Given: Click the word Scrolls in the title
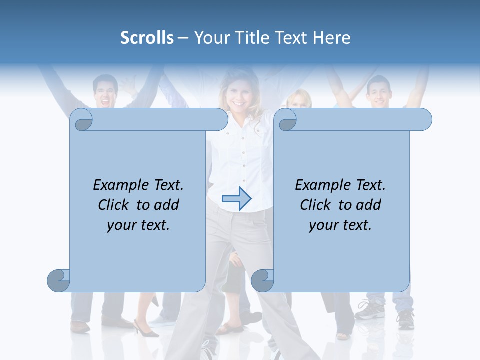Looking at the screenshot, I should point(147,38).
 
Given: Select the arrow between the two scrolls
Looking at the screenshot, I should point(236,199).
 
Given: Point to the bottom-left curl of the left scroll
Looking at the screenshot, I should point(59,280).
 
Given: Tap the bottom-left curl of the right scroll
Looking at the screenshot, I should point(262,280).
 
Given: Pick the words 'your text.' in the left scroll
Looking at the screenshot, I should point(138,225).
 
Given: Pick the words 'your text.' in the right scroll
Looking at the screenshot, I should point(340,225).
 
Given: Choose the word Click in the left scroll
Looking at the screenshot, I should point(113,205).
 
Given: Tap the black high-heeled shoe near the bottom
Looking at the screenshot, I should point(145,329).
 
